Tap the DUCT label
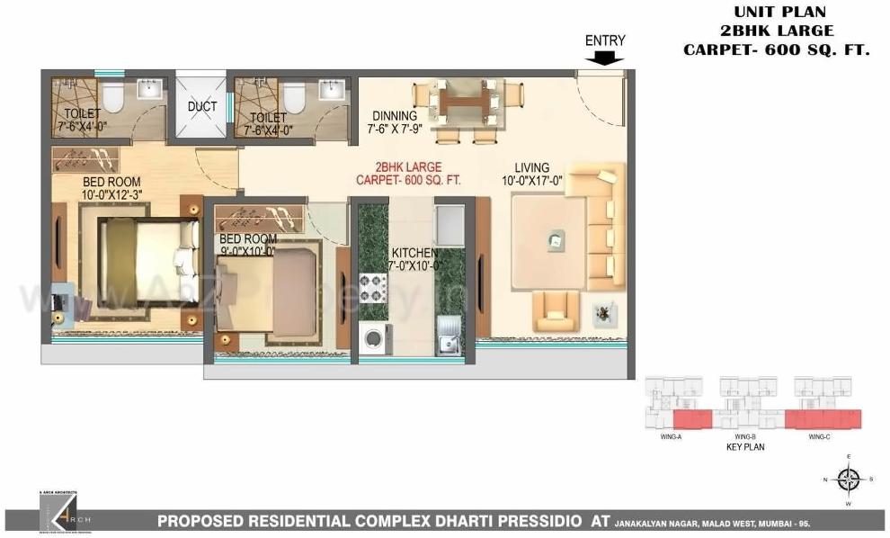click(202, 107)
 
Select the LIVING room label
click(532, 167)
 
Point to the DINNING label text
click(395, 116)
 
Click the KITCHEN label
click(414, 253)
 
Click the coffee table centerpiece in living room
click(556, 239)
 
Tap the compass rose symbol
click(847, 480)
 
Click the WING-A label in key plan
click(671, 436)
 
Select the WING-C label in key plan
click(818, 436)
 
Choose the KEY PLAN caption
click(744, 447)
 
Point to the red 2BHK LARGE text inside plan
click(409, 167)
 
